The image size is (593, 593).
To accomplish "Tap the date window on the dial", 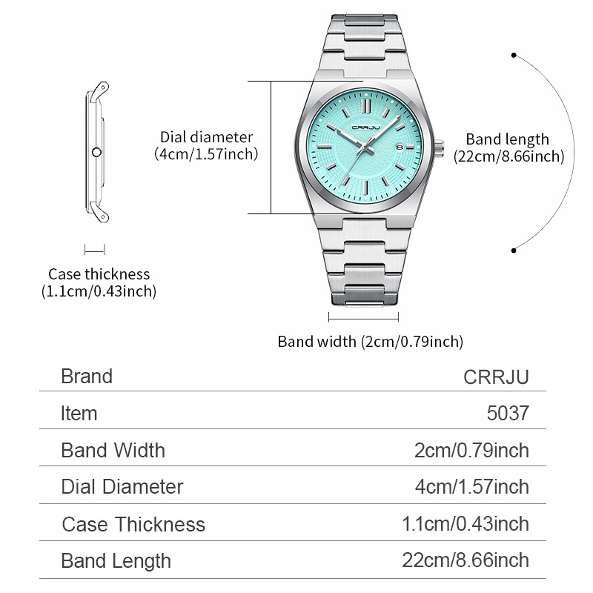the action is [x=400, y=147].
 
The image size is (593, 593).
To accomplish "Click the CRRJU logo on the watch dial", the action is [x=365, y=127].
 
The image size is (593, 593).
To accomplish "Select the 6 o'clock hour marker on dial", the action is [x=366, y=188].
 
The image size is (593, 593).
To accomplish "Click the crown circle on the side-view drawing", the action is [x=97, y=153].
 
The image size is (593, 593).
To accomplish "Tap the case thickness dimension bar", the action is [x=95, y=250].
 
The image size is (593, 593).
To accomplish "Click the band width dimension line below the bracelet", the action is [x=363, y=317].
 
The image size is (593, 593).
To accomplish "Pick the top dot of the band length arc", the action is [x=514, y=55].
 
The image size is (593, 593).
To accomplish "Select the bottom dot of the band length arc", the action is [x=514, y=251].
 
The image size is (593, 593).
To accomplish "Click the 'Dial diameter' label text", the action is [x=207, y=137].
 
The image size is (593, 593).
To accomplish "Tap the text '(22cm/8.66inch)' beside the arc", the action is [x=509, y=156].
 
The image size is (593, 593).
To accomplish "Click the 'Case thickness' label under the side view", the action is [x=99, y=274].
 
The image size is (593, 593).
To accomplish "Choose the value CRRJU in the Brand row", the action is [x=496, y=377].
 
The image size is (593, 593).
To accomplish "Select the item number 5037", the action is [x=508, y=413].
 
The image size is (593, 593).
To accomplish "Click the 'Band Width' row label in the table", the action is [x=113, y=450].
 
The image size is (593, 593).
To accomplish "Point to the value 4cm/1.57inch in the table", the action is [x=472, y=486].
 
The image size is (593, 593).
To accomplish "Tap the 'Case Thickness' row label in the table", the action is [x=133, y=524].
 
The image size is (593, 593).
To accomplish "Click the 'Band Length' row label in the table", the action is [x=116, y=561].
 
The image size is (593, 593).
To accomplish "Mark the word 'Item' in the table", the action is [x=79, y=413].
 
